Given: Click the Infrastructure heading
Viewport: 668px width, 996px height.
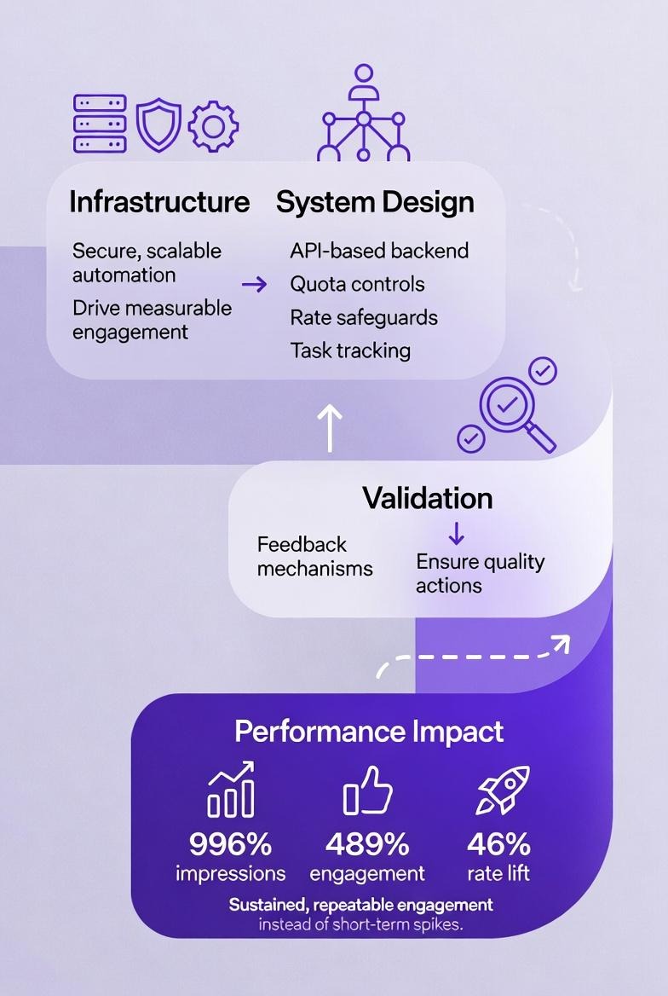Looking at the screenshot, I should coord(159,202).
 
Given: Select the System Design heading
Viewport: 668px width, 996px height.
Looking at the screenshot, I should coord(375,202).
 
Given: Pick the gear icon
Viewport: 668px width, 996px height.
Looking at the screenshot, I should coord(212,127).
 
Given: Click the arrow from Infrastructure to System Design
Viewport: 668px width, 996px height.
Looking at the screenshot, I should coord(254,284).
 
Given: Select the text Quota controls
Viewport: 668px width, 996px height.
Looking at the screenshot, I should coord(357,284).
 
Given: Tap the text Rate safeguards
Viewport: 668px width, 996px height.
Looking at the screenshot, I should coord(364,317).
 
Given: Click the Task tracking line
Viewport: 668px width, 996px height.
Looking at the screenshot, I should coord(350,350).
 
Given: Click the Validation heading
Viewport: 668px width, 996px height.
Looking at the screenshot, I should coord(427,498).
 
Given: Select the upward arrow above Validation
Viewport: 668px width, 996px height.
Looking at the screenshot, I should coord(330,426).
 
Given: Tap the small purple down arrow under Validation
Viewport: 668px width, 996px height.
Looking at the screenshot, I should coord(456,534).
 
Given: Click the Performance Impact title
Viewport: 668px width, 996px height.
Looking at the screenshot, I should coord(369,732).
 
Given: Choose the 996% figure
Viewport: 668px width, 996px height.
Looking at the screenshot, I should coord(230,844).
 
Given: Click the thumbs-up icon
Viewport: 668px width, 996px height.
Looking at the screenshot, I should coord(368,790).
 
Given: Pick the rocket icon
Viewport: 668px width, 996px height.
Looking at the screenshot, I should coord(503,790).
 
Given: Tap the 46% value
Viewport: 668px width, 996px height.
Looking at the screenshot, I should coord(498,844).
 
